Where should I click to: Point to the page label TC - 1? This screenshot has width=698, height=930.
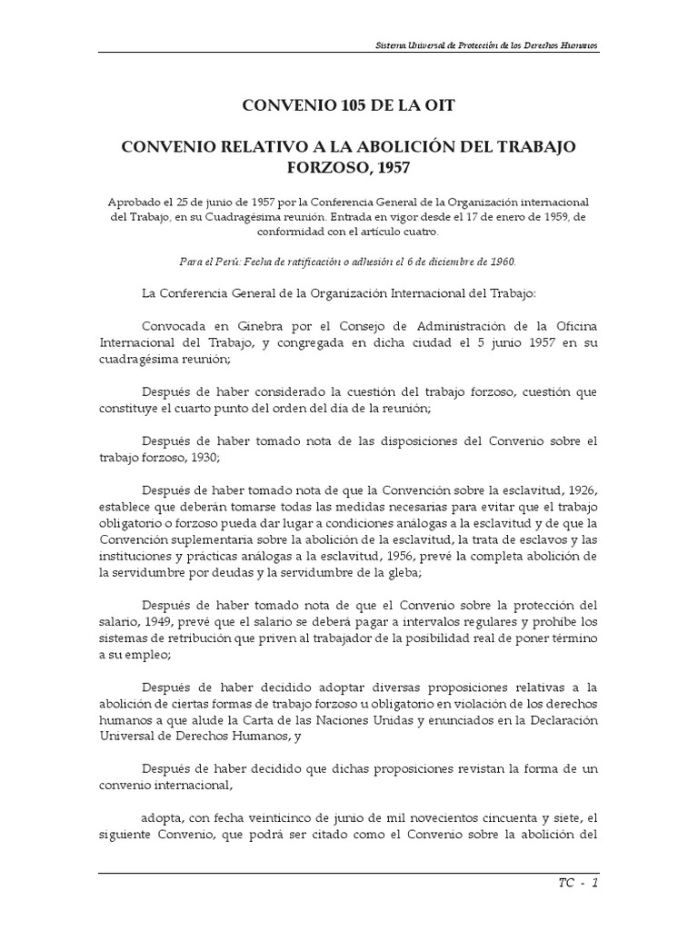[577, 882]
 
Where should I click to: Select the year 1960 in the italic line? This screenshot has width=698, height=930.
[498, 262]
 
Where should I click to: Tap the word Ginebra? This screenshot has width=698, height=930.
[243, 325]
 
